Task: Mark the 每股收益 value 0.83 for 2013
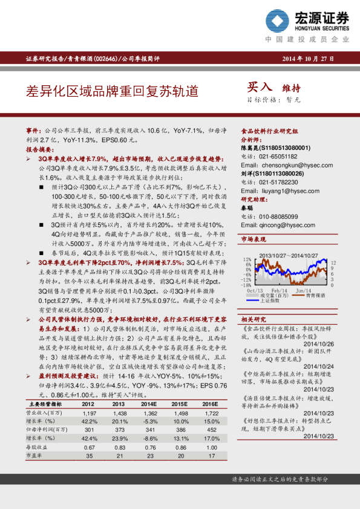[119, 446]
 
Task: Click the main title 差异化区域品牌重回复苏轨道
[112, 92]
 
